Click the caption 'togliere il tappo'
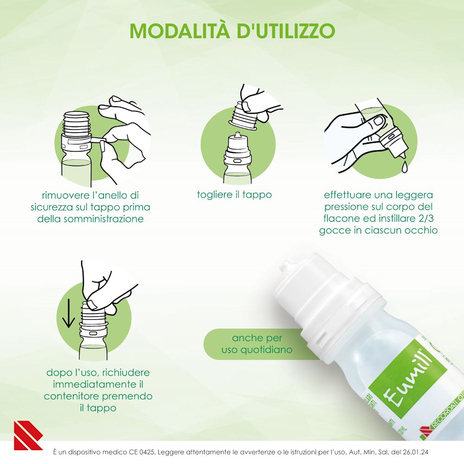coord(234,194)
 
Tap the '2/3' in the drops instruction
coord(419,218)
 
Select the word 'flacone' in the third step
coord(342,218)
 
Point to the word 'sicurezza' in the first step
coord(60,207)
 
